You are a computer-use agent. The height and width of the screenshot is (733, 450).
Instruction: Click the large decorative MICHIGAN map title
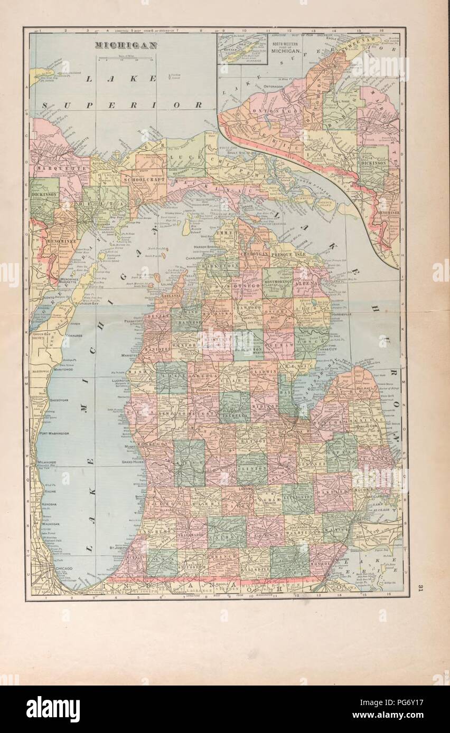coord(126,45)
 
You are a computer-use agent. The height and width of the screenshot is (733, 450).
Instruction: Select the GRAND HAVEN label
coord(133,462)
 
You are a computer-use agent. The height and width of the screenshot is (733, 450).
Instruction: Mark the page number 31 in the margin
coord(420,588)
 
